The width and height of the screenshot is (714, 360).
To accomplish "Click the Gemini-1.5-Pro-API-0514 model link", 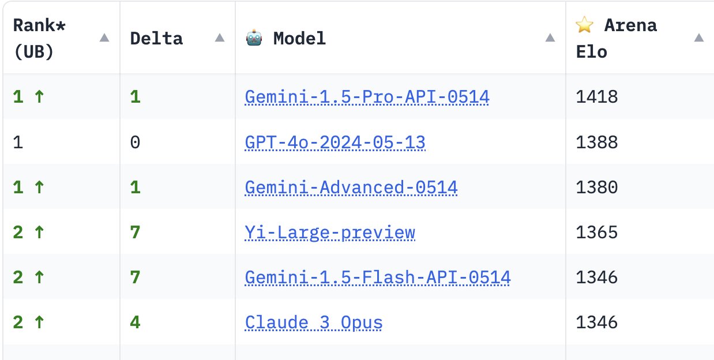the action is (367, 97).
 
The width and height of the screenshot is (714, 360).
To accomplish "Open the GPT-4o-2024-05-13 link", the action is (335, 142).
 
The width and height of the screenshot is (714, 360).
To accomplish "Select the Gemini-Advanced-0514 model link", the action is (351, 187).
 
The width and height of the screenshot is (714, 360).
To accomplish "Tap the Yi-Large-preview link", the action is (330, 232).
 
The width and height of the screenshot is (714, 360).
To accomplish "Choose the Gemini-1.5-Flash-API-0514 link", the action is (378, 277).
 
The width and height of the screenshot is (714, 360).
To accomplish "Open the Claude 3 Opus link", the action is (314, 322).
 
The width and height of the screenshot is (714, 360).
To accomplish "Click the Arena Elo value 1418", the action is (597, 97).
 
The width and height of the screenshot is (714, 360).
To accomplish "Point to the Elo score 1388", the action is (597, 142).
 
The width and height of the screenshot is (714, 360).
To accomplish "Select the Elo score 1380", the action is (597, 187).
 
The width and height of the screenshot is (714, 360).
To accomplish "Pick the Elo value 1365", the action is (597, 232).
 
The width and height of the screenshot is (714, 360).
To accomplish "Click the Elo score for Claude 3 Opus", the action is (597, 322).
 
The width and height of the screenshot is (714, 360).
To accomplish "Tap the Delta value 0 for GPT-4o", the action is (135, 142).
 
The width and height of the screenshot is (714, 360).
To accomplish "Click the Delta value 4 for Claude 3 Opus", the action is (135, 322).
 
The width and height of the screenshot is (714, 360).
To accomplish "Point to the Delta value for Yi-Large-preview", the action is (135, 232).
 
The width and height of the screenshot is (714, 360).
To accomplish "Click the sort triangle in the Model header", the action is (550, 37).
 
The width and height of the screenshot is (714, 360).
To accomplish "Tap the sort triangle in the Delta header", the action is (220, 37).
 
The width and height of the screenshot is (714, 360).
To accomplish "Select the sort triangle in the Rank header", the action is (104, 37).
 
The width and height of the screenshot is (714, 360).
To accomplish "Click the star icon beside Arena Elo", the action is (585, 25).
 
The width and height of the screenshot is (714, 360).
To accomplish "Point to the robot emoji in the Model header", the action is (254, 37).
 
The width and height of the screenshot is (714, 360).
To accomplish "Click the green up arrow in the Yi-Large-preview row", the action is (39, 232).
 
